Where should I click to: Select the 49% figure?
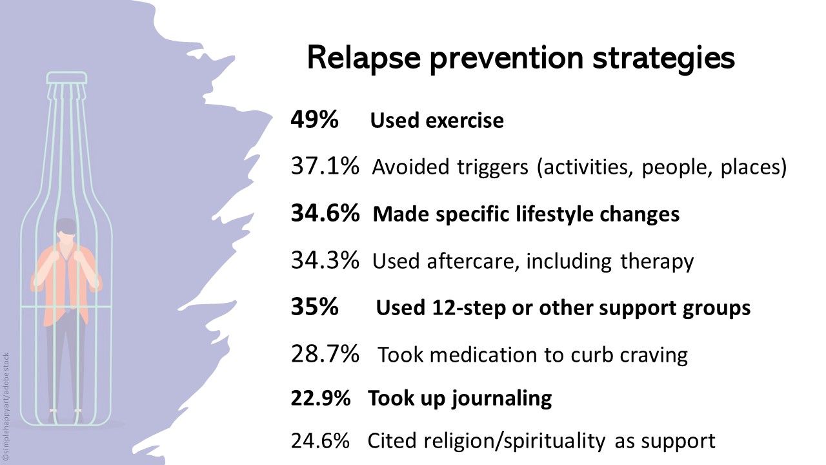pos(314,119)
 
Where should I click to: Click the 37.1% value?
pos(325,167)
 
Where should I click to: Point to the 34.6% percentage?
pos(325,214)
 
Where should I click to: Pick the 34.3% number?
pos(325,261)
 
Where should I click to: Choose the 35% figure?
pos(314,308)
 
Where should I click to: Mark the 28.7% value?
pos(325,355)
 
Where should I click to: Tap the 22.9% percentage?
pos(321,398)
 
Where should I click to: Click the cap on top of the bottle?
pos(66,77)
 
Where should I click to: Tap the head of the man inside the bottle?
pos(65,229)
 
